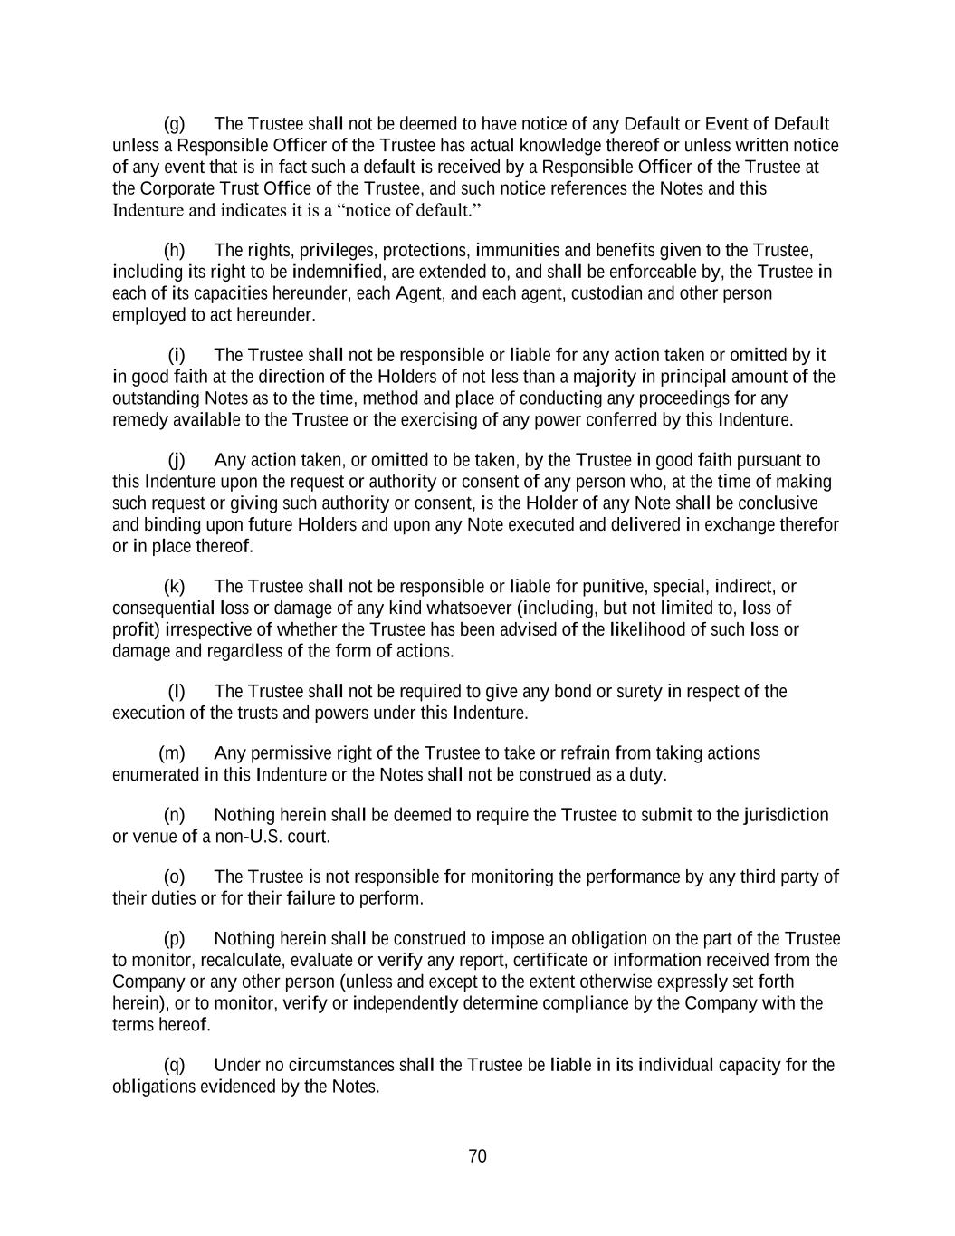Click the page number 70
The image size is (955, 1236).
478,1156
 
